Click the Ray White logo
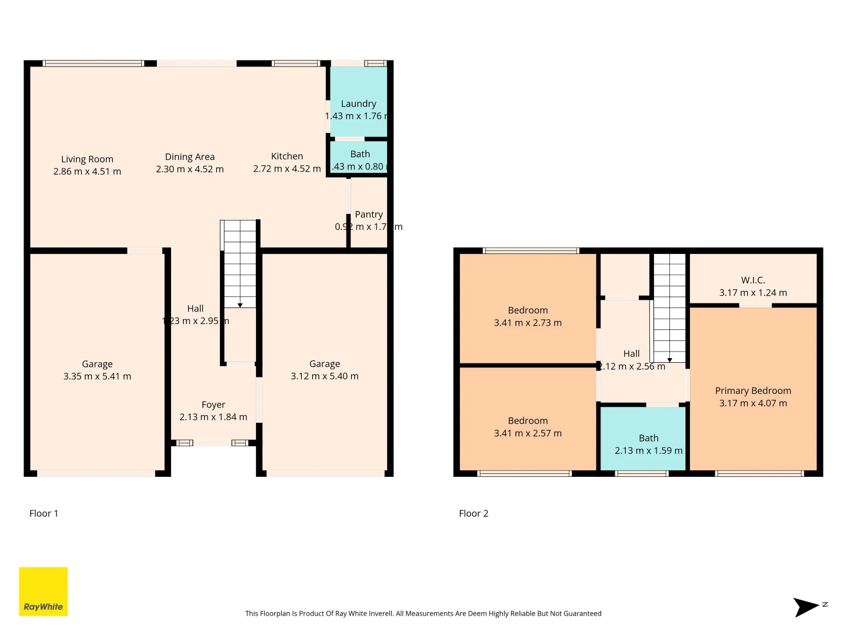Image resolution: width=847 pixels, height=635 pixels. [43, 591]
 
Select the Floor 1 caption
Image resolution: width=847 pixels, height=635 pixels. [44, 513]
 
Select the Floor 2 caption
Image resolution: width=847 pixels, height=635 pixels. [473, 513]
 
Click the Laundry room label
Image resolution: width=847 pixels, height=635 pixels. [358, 103]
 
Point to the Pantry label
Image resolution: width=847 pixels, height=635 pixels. [369, 215]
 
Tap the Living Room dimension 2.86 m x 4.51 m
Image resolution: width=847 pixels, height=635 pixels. [87, 172]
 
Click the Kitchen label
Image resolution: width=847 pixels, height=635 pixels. [287, 156]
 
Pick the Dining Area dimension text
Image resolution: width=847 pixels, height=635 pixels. [189, 169]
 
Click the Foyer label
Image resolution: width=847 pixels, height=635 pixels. [213, 405]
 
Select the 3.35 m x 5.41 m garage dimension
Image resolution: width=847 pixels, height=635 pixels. [97, 376]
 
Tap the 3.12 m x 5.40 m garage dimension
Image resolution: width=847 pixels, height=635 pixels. [324, 376]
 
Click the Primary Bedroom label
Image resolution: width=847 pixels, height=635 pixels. [753, 390]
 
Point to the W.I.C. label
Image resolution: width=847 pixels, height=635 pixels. [753, 280]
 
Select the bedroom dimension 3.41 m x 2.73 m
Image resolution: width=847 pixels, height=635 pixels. [528, 323]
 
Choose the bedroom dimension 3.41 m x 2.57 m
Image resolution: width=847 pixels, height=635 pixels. [528, 433]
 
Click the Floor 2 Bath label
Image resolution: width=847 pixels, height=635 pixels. [648, 438]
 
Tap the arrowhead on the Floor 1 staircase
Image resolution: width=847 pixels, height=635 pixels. [240, 305]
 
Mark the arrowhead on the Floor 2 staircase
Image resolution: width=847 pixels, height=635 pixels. [669, 360]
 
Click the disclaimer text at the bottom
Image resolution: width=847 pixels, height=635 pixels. [423, 613]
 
